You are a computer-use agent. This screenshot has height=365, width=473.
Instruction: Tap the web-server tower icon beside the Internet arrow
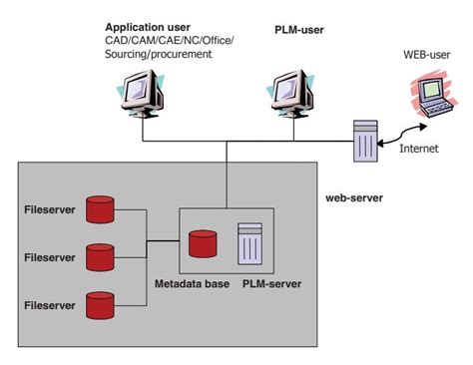pos(364,141)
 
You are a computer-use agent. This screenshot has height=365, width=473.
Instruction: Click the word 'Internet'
pos(418,149)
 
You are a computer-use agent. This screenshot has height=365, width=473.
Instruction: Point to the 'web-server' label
pos(354,197)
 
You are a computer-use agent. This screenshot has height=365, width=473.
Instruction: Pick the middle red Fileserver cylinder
pos(101,257)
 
